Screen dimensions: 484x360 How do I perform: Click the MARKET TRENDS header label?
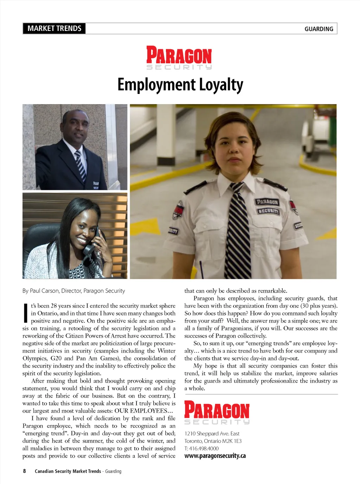pyautogui.click(x=54, y=28)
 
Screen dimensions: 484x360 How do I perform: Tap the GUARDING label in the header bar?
pyautogui.click(x=319, y=29)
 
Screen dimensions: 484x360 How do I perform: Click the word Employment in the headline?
pyautogui.click(x=156, y=85)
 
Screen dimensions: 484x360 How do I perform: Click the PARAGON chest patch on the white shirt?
pyautogui.click(x=267, y=202)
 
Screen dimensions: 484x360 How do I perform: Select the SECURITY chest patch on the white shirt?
pyautogui.click(x=269, y=211)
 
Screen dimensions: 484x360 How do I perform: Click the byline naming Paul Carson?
pyautogui.click(x=73, y=291)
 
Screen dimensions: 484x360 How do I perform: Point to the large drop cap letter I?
pyautogui.click(x=25, y=313)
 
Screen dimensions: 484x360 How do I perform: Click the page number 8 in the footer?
pyautogui.click(x=24, y=471)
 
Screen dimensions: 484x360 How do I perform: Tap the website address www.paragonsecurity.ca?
pyautogui.click(x=215, y=456)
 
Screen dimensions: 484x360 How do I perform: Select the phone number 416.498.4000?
pyautogui.click(x=204, y=448)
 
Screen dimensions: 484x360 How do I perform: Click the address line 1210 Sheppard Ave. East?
pyautogui.click(x=212, y=434)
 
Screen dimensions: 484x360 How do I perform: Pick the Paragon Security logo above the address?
pyautogui.click(x=217, y=413)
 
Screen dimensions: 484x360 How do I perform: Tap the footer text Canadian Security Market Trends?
pyautogui.click(x=67, y=471)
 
